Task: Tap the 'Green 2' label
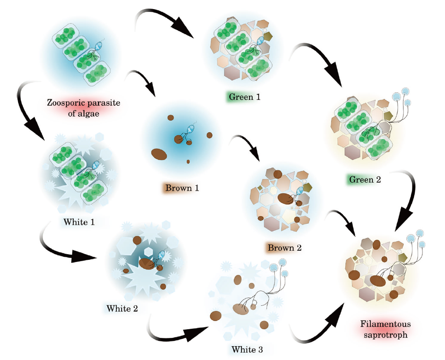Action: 364,179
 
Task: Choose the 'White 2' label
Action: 122,309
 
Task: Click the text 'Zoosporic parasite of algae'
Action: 83,108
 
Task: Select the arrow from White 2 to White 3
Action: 178,334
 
